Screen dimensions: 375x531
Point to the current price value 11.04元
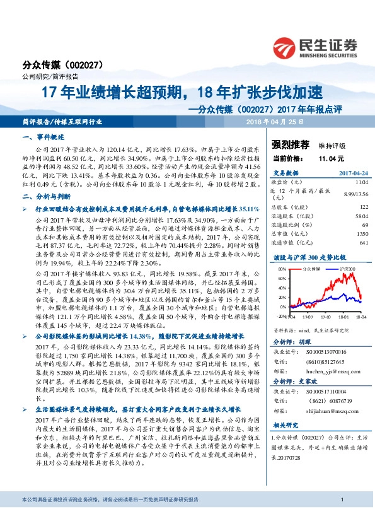332,159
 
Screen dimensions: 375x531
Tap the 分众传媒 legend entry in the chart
311,269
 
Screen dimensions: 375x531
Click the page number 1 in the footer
341,518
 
